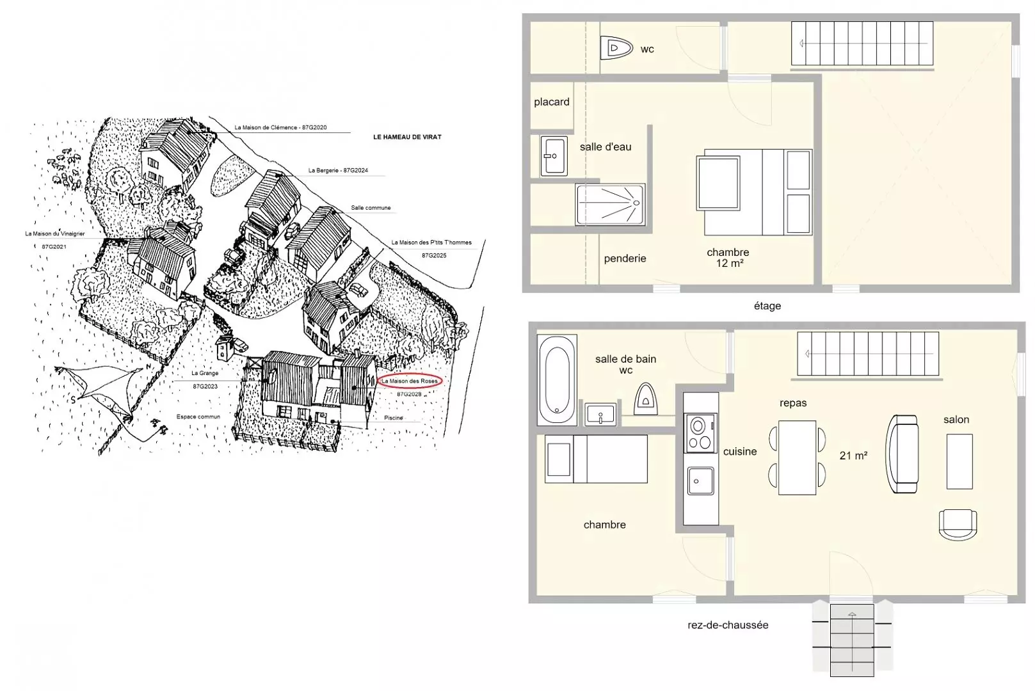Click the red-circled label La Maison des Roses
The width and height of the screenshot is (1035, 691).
tap(410, 381)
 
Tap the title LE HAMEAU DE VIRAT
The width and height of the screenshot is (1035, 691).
tap(407, 137)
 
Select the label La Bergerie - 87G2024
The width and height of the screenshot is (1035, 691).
tap(338, 170)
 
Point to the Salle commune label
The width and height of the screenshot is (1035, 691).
tap(371, 208)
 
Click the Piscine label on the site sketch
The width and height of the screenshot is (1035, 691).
tap(394, 418)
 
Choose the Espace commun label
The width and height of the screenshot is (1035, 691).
tap(198, 417)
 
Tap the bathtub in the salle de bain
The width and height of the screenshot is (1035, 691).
tap(557, 379)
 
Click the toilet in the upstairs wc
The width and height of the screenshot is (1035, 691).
tap(616, 47)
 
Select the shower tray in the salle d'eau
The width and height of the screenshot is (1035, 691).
tap(610, 205)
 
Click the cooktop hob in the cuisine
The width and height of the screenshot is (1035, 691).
tap(700, 433)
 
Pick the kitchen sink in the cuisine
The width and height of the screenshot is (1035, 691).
tap(700, 481)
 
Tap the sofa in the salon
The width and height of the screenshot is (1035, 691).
tap(902, 454)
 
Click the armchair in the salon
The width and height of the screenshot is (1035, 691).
tap(958, 525)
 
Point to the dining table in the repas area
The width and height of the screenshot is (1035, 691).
tap(797, 457)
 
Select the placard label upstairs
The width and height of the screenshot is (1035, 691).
tap(552, 102)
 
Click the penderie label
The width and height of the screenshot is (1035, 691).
tap(625, 258)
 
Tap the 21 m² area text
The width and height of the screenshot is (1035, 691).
tap(853, 456)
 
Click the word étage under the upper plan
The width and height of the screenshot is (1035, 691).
tap(767, 306)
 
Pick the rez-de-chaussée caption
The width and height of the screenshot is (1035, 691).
tap(728, 625)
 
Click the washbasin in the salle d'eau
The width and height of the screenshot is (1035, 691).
tap(554, 155)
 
